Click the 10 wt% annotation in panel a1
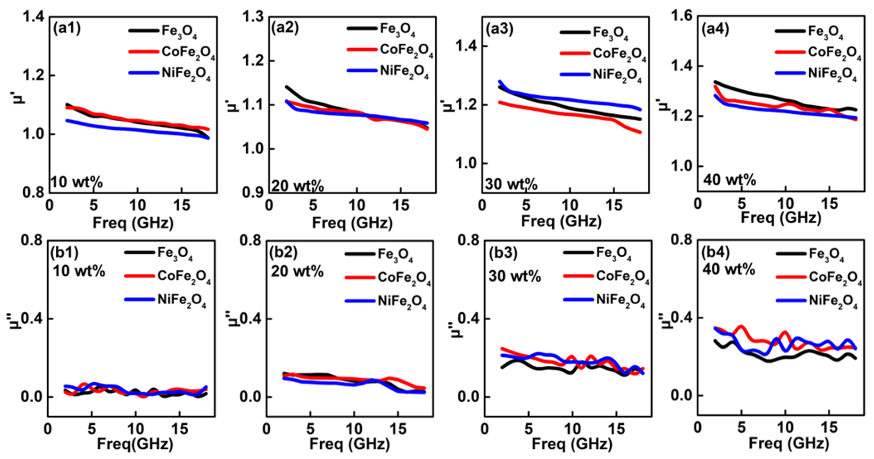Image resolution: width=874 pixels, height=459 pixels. [77, 182]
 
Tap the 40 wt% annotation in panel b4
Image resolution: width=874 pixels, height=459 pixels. [728, 270]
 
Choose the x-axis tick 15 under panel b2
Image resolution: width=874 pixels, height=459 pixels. [398, 430]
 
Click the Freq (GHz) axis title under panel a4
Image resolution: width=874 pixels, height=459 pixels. [780, 217]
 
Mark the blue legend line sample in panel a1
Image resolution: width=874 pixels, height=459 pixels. [144, 73]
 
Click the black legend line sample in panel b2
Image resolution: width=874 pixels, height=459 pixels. [360, 254]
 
